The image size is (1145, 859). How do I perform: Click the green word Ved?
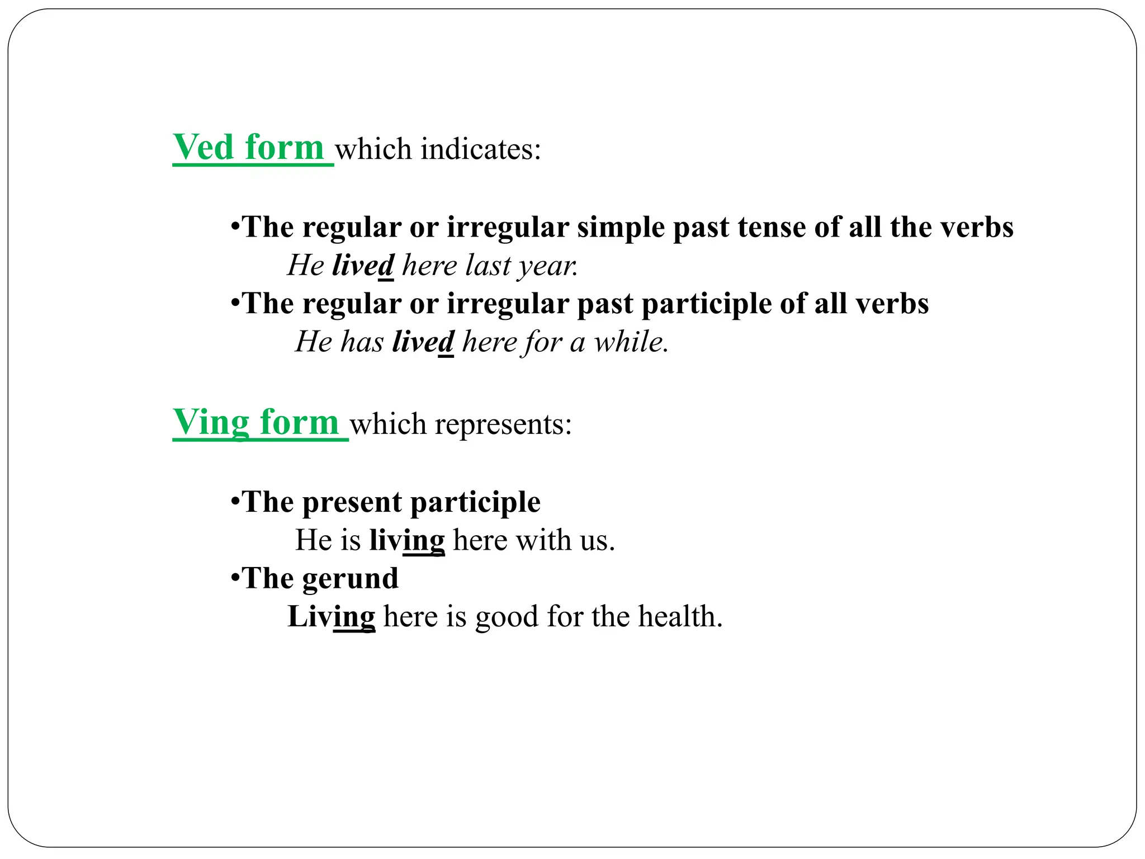(x=203, y=148)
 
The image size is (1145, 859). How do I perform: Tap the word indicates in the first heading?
(x=480, y=149)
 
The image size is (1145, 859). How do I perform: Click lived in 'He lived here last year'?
(x=363, y=265)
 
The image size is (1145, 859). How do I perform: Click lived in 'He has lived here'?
(x=423, y=342)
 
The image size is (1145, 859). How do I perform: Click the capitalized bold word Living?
(x=331, y=617)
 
